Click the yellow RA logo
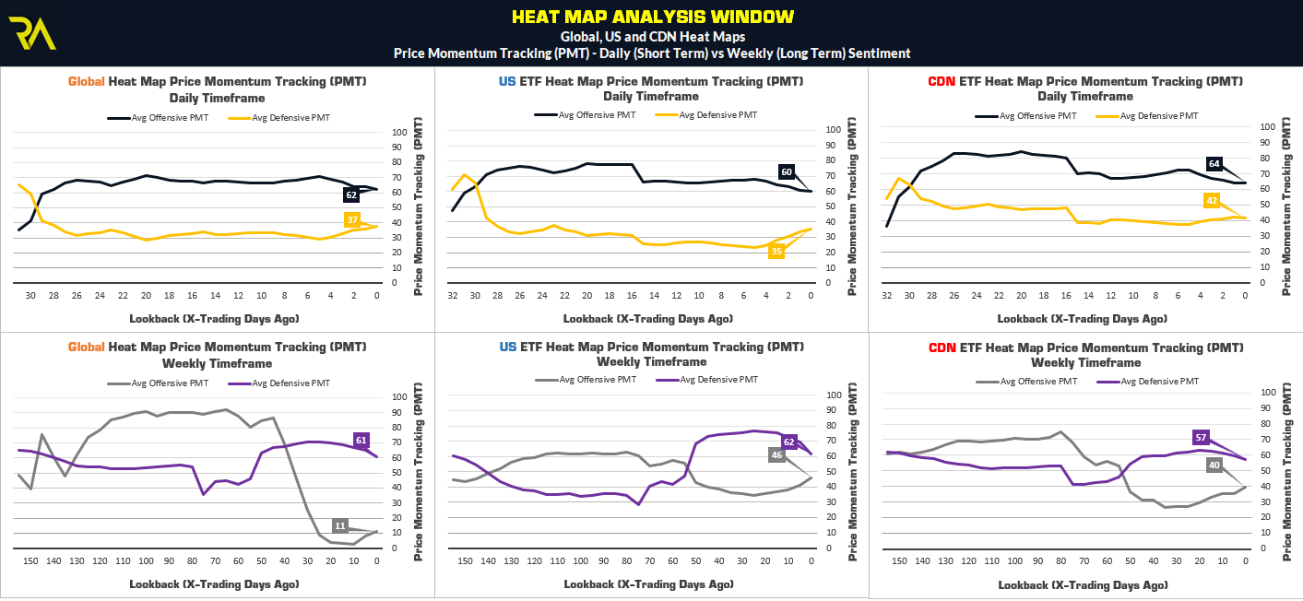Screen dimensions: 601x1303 (33, 33)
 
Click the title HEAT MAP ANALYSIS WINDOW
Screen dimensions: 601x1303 (652, 17)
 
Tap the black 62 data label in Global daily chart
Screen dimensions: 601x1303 (351, 195)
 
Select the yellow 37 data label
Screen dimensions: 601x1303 (352, 219)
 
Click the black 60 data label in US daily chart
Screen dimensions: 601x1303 (787, 171)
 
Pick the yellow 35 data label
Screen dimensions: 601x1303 (776, 251)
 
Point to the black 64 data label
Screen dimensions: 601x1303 (1214, 164)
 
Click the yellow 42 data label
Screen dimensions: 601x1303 (1212, 200)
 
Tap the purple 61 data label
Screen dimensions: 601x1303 (361, 441)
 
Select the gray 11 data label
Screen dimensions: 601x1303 (339, 525)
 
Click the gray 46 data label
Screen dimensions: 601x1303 (776, 454)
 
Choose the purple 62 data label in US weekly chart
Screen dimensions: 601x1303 (788, 442)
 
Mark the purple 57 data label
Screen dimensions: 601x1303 (1201, 437)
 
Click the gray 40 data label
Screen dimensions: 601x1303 (1214, 465)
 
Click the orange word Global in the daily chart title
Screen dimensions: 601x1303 (87, 81)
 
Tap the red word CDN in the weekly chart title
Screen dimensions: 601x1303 (942, 348)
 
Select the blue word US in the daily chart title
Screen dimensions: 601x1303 (507, 81)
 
